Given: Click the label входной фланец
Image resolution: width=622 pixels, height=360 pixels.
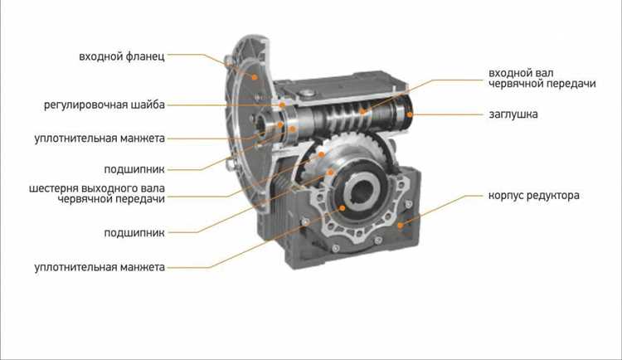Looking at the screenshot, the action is (122, 56).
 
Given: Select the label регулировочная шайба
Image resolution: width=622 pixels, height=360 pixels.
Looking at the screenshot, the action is (104, 105).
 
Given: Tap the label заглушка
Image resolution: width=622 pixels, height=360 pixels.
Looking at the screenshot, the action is (513, 114).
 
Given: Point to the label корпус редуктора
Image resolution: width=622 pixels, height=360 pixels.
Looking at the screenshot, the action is (533, 195).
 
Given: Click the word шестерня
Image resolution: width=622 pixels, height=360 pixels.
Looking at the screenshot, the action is (53, 188).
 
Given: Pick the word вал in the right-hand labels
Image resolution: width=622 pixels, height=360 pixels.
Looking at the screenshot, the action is (546, 73).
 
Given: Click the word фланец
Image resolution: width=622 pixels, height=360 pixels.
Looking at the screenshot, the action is (145, 56).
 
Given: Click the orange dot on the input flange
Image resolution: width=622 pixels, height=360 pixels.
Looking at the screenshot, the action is (255, 77).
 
